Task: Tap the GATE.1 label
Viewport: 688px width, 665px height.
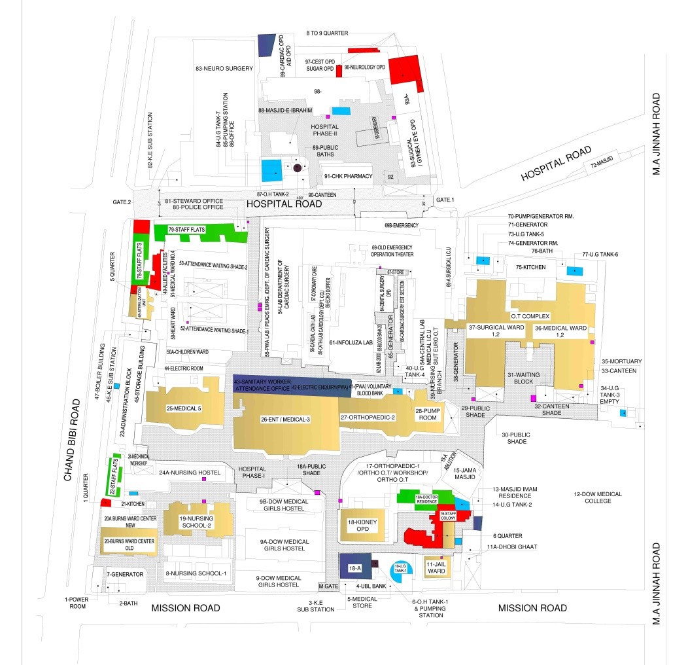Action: click(445, 199)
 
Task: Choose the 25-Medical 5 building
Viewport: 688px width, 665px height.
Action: click(184, 409)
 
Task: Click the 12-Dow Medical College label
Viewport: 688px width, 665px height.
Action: click(598, 497)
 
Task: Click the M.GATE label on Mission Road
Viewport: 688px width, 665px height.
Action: click(327, 585)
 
